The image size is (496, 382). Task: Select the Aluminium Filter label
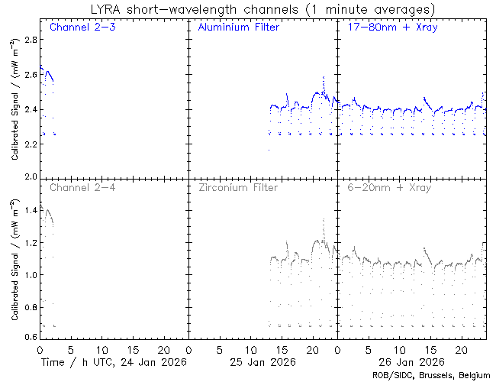238,28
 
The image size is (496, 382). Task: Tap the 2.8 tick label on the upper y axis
29,38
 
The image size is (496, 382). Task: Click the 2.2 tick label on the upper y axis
29,142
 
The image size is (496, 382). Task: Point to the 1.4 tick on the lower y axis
29,209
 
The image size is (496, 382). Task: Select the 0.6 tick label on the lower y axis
29,337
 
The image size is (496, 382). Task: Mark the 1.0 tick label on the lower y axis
29,273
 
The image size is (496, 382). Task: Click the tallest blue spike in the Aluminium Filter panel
324,78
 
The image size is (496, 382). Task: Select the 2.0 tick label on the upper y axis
29,176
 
